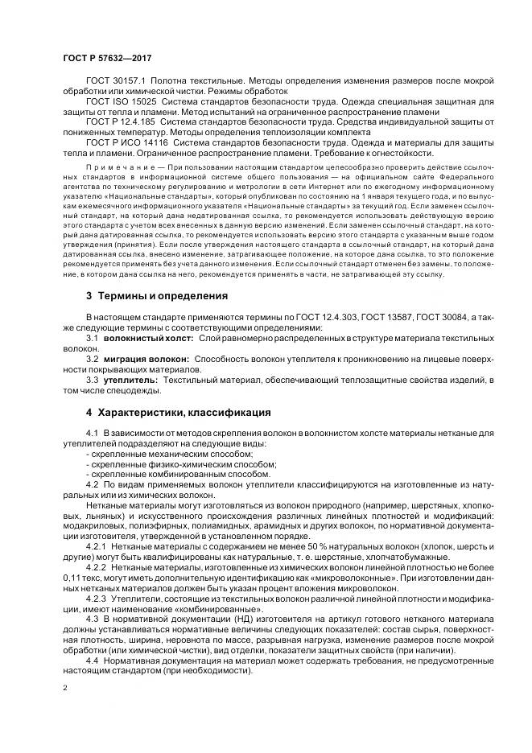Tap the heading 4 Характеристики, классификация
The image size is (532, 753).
pyautogui.click(x=178, y=414)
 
